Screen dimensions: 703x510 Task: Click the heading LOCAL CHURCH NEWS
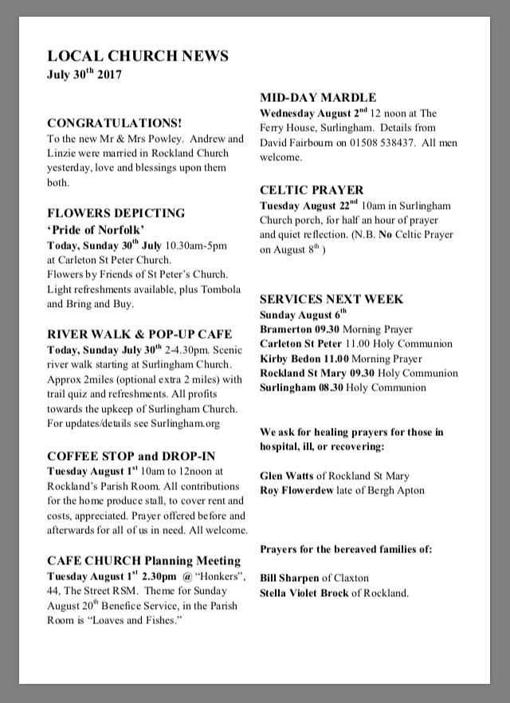(138, 56)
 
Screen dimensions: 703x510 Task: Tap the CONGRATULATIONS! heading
(115, 124)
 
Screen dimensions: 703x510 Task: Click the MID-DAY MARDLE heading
(318, 98)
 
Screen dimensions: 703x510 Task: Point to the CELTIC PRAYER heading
(312, 190)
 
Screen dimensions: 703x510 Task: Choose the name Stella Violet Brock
(304, 593)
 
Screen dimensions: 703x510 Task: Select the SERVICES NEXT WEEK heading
(331, 300)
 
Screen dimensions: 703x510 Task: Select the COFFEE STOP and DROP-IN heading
(131, 457)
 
